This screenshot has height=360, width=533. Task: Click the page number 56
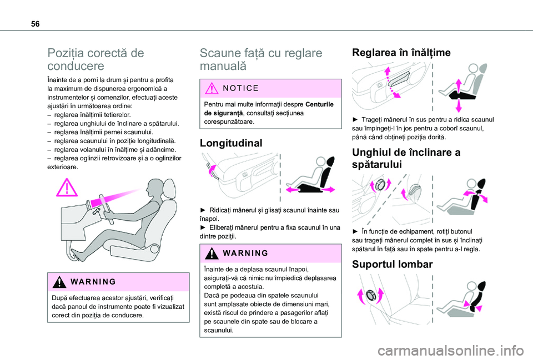coord(35,24)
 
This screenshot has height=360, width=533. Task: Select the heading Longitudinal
coord(231,143)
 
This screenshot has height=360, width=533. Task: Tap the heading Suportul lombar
coord(393,264)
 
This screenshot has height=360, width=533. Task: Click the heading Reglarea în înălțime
coord(401,52)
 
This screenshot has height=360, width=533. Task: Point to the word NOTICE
coord(241,88)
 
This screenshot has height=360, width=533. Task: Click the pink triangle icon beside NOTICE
coord(212,88)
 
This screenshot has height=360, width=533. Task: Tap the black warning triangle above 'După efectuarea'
coord(59,282)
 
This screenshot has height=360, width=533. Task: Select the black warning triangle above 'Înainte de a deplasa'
coord(212,253)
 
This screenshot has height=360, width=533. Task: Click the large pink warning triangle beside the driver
coord(67,188)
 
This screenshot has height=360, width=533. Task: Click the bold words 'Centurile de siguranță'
coord(269,109)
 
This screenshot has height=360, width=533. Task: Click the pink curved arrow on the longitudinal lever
coord(212,170)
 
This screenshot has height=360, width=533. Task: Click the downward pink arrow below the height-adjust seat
coord(459,105)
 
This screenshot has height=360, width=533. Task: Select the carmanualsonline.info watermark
coord(451,351)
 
